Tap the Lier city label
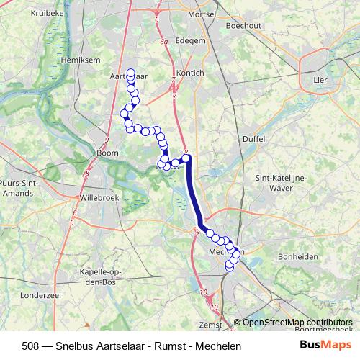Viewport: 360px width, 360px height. (x=320, y=80)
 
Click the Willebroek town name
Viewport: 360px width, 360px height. (x=97, y=196)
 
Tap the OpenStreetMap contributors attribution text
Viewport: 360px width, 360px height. (x=298, y=323)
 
